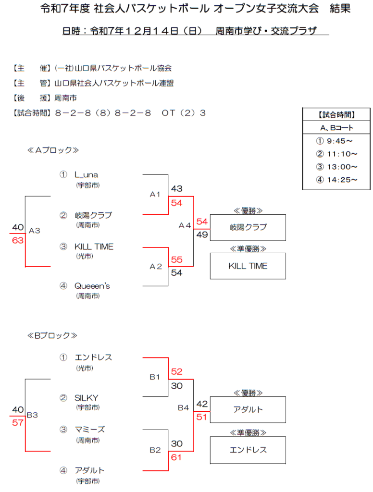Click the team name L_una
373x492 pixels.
pyautogui.click(x=86, y=175)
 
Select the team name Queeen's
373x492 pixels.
pyautogui.click(x=92, y=286)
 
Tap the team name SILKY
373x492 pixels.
pyautogui.click(x=86, y=398)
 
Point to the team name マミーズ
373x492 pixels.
pyautogui.click(x=89, y=430)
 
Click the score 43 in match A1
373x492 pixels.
pyautogui.click(x=176, y=189)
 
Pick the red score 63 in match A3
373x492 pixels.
pyautogui.click(x=18, y=240)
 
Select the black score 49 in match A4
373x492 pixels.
pyautogui.click(x=202, y=235)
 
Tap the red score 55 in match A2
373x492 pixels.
pyautogui.click(x=176, y=259)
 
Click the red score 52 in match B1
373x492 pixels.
pyautogui.click(x=176, y=371)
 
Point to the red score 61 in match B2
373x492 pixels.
pyautogui.click(x=176, y=457)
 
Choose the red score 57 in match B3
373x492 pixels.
pyautogui.click(x=18, y=423)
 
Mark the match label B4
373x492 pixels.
pyautogui.click(x=183, y=407)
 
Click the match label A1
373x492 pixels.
pyautogui.click(x=155, y=195)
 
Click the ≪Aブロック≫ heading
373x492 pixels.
pyautogui.click(x=53, y=150)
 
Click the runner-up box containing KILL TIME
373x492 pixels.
pyautogui.click(x=248, y=266)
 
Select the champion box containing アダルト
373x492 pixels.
pyautogui.click(x=248, y=409)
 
